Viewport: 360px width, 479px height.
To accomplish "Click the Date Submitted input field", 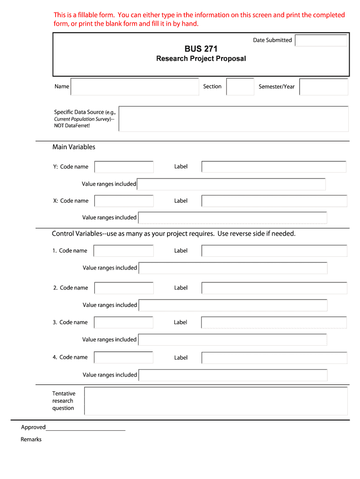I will (321, 41).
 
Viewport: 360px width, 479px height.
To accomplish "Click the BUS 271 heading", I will (201, 49).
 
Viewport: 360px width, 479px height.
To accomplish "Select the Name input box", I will (135, 87).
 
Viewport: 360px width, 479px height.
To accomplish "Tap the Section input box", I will (240, 87).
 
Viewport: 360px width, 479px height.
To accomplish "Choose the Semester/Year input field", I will (324, 87).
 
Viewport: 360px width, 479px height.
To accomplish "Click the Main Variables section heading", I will (74, 147).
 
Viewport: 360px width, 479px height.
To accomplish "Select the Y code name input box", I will (124, 167).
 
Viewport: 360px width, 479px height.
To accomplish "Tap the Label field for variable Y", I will (274, 167).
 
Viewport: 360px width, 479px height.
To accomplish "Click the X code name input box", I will (124, 201).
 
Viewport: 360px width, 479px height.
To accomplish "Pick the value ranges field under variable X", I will (233, 218).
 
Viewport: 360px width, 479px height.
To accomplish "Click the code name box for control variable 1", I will (123, 251).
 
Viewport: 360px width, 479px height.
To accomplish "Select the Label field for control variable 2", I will (274, 288).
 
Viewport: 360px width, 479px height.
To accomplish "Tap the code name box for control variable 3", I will (123, 322).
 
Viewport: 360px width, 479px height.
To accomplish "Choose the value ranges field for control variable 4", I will (233, 375).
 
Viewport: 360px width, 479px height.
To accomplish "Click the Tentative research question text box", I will (216, 401).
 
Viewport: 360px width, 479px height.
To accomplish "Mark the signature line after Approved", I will (86, 428).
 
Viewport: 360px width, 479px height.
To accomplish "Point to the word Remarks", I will (31, 440).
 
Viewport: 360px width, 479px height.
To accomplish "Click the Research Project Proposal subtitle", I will (201, 58).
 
